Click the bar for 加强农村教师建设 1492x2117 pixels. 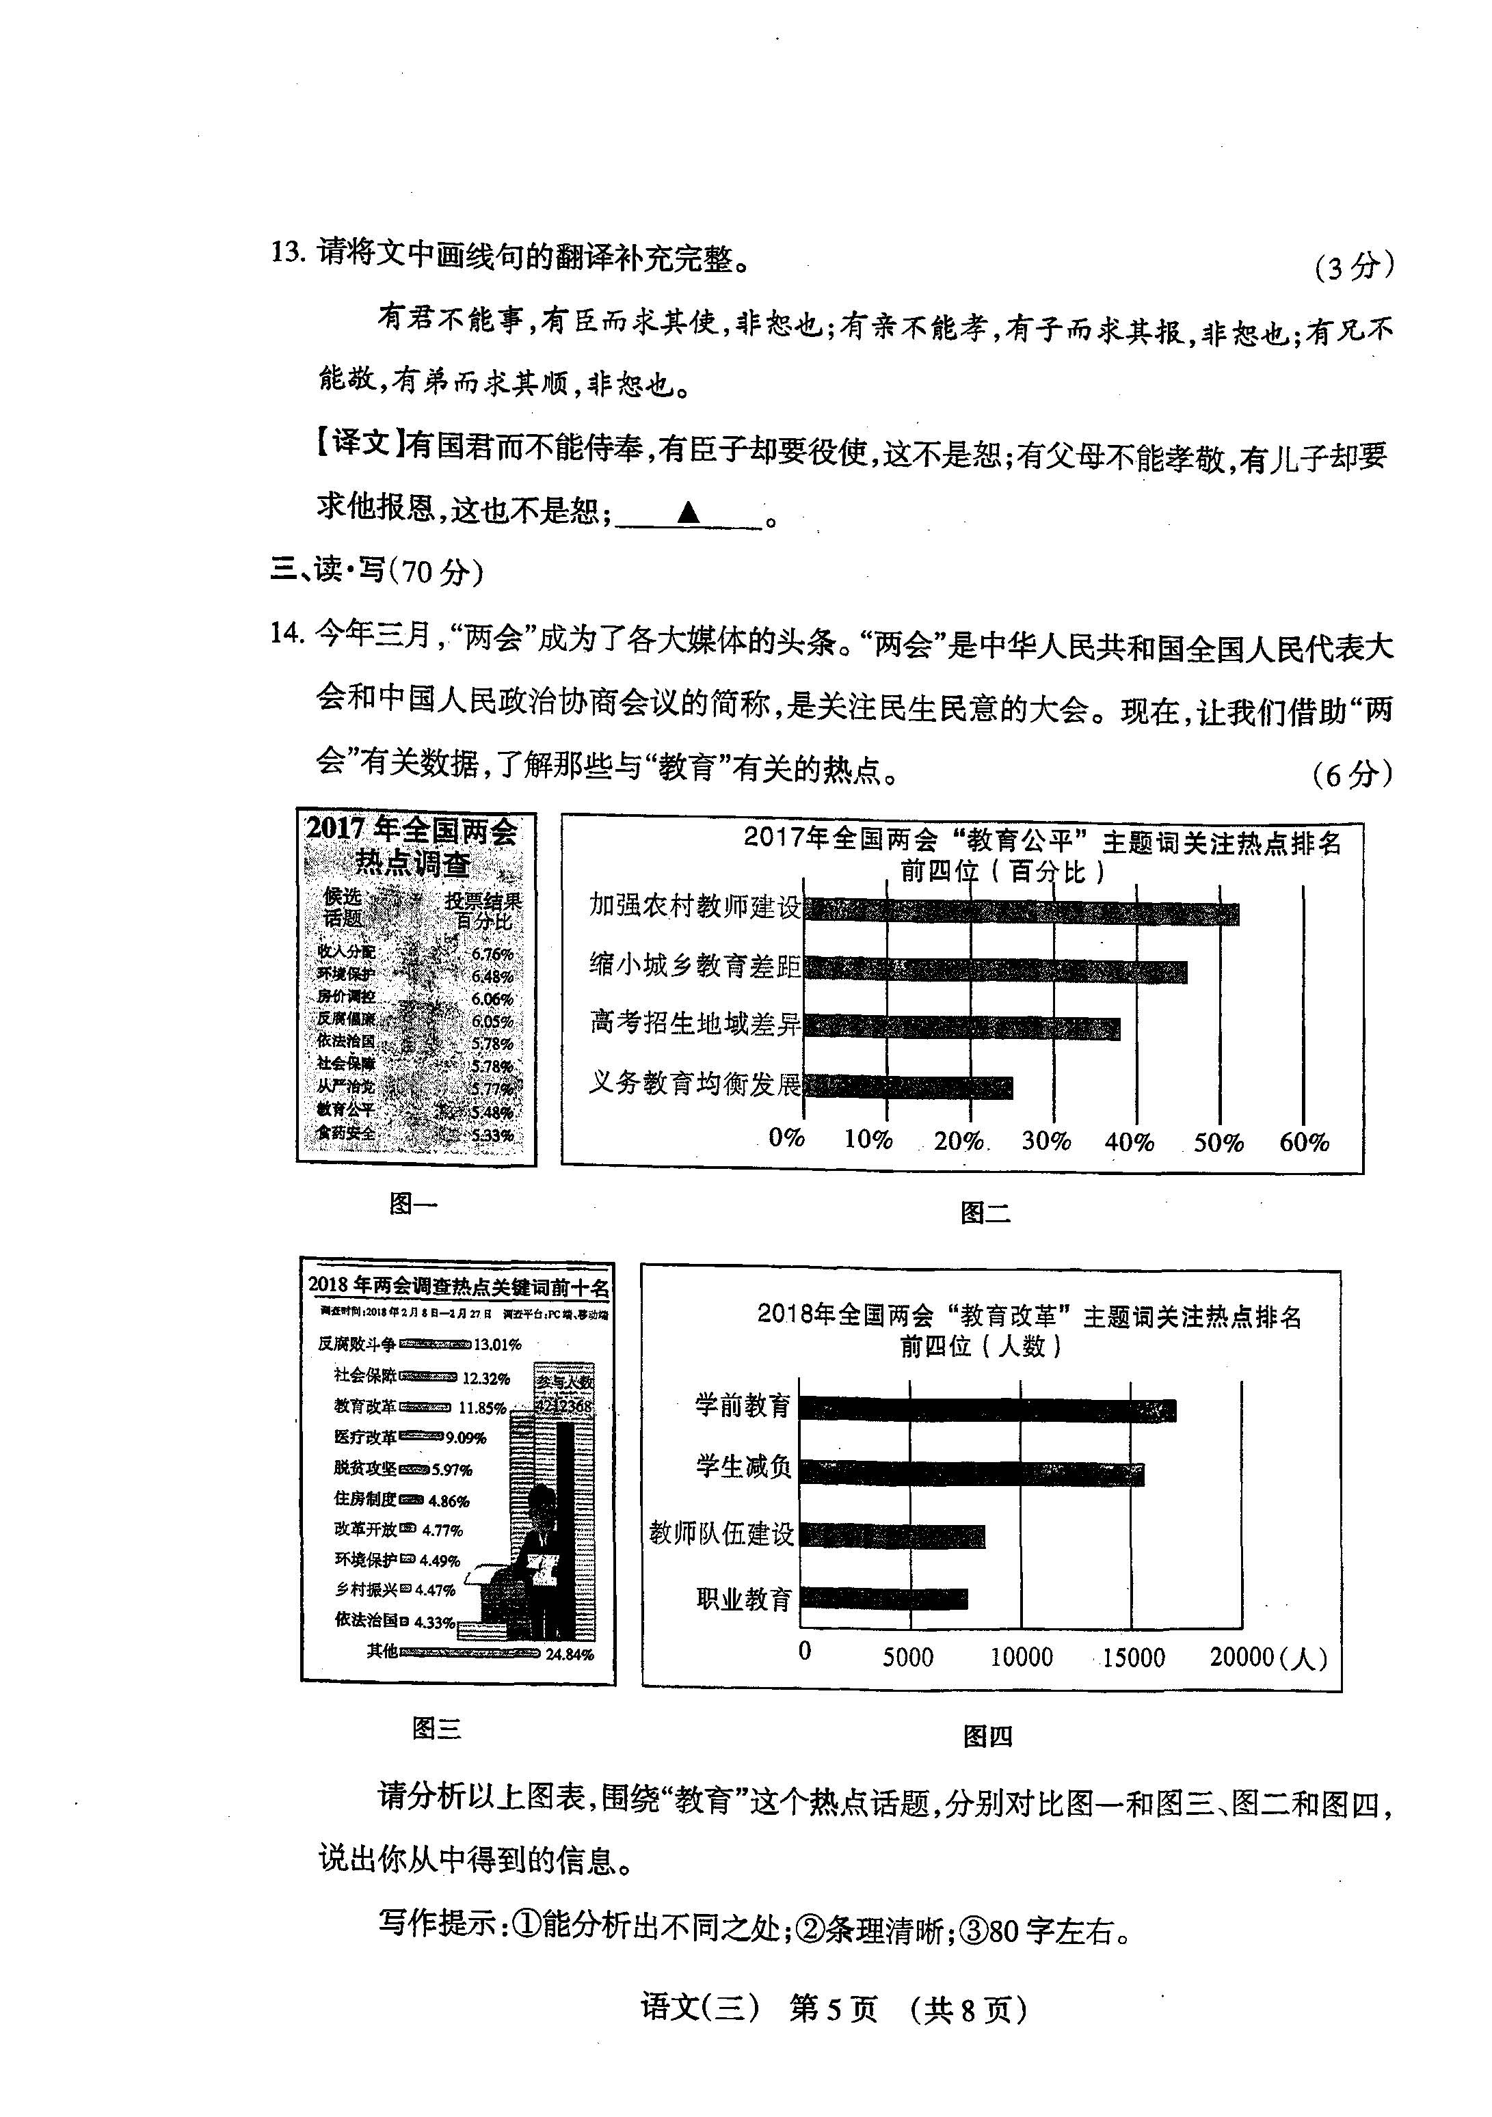pyautogui.click(x=1021, y=913)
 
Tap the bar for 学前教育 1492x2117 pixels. pyautogui.click(x=987, y=1410)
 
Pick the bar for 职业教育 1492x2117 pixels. pyautogui.click(x=883, y=1598)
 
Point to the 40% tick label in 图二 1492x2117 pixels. pyautogui.click(x=1130, y=1142)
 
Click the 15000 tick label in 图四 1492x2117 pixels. pyautogui.click(x=1133, y=1657)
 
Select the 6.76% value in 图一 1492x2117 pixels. pyautogui.click(x=492, y=954)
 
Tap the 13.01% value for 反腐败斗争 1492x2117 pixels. pyautogui.click(x=498, y=1345)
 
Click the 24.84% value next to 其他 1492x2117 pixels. pyautogui.click(x=570, y=1654)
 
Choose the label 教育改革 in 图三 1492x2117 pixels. pyautogui.click(x=365, y=1407)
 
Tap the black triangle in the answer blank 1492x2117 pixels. pyautogui.click(x=688, y=513)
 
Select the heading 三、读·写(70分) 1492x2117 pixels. pyautogui.click(x=376, y=571)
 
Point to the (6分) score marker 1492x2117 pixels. pyautogui.click(x=1352, y=774)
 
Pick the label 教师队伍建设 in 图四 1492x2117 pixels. pyautogui.click(x=721, y=1533)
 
